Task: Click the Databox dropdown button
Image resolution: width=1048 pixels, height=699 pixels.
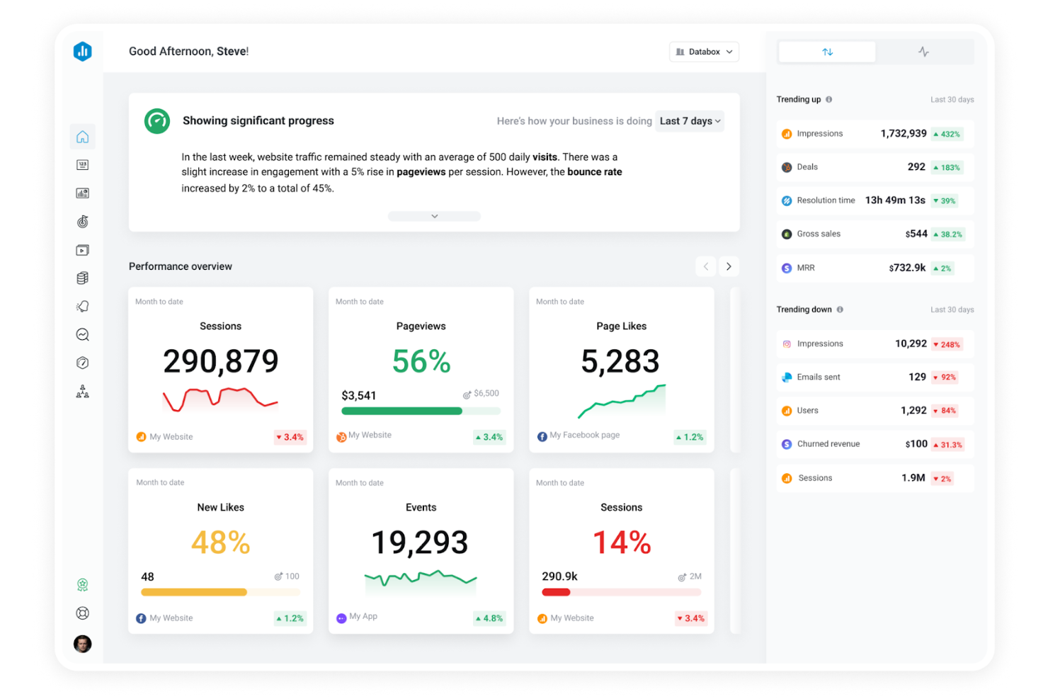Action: (x=704, y=52)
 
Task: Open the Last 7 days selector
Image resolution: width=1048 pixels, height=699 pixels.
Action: (x=690, y=121)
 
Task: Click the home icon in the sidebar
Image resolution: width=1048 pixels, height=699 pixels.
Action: (x=83, y=137)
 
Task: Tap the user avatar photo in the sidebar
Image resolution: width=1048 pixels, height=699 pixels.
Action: (x=83, y=643)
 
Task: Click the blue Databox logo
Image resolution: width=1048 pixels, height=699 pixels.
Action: (x=83, y=51)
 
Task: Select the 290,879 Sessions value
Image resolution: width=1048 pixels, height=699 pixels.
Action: (x=220, y=361)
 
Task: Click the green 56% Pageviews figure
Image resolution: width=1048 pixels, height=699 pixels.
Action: (x=421, y=362)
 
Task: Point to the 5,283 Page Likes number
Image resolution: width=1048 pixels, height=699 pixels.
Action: (x=620, y=361)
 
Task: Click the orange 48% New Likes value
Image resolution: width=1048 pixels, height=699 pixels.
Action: (x=220, y=542)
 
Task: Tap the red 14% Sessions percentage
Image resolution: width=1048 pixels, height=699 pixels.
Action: (x=621, y=542)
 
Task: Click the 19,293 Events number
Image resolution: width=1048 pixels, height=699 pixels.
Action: (x=420, y=542)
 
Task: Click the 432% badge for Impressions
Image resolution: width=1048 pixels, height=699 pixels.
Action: (x=947, y=134)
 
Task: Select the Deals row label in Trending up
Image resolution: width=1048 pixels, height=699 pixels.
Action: (x=807, y=167)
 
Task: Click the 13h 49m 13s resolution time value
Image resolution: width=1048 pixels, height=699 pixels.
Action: (x=895, y=200)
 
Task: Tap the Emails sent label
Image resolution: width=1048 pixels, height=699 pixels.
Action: (x=819, y=377)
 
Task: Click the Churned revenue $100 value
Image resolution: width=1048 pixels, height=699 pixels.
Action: (x=916, y=444)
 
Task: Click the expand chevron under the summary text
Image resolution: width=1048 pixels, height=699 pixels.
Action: (x=434, y=216)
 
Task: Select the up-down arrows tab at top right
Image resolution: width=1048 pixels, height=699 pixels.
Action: (x=827, y=52)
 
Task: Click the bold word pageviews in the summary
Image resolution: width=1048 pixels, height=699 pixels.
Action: (x=421, y=172)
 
